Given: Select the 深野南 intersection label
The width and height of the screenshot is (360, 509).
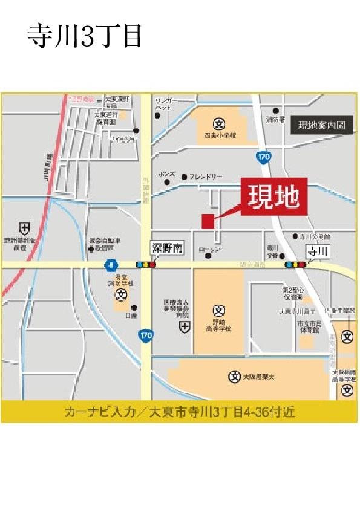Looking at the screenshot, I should tap(166, 248).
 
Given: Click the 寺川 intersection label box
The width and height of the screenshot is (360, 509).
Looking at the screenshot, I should tap(317, 251).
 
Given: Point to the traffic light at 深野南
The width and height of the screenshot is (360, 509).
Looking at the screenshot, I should tap(146, 264).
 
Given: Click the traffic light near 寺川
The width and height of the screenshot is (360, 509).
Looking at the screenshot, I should tap(295, 264).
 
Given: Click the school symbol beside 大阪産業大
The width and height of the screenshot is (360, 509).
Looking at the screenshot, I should tap(234, 376).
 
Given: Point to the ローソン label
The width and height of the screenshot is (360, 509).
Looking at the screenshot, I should tap(227, 249).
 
